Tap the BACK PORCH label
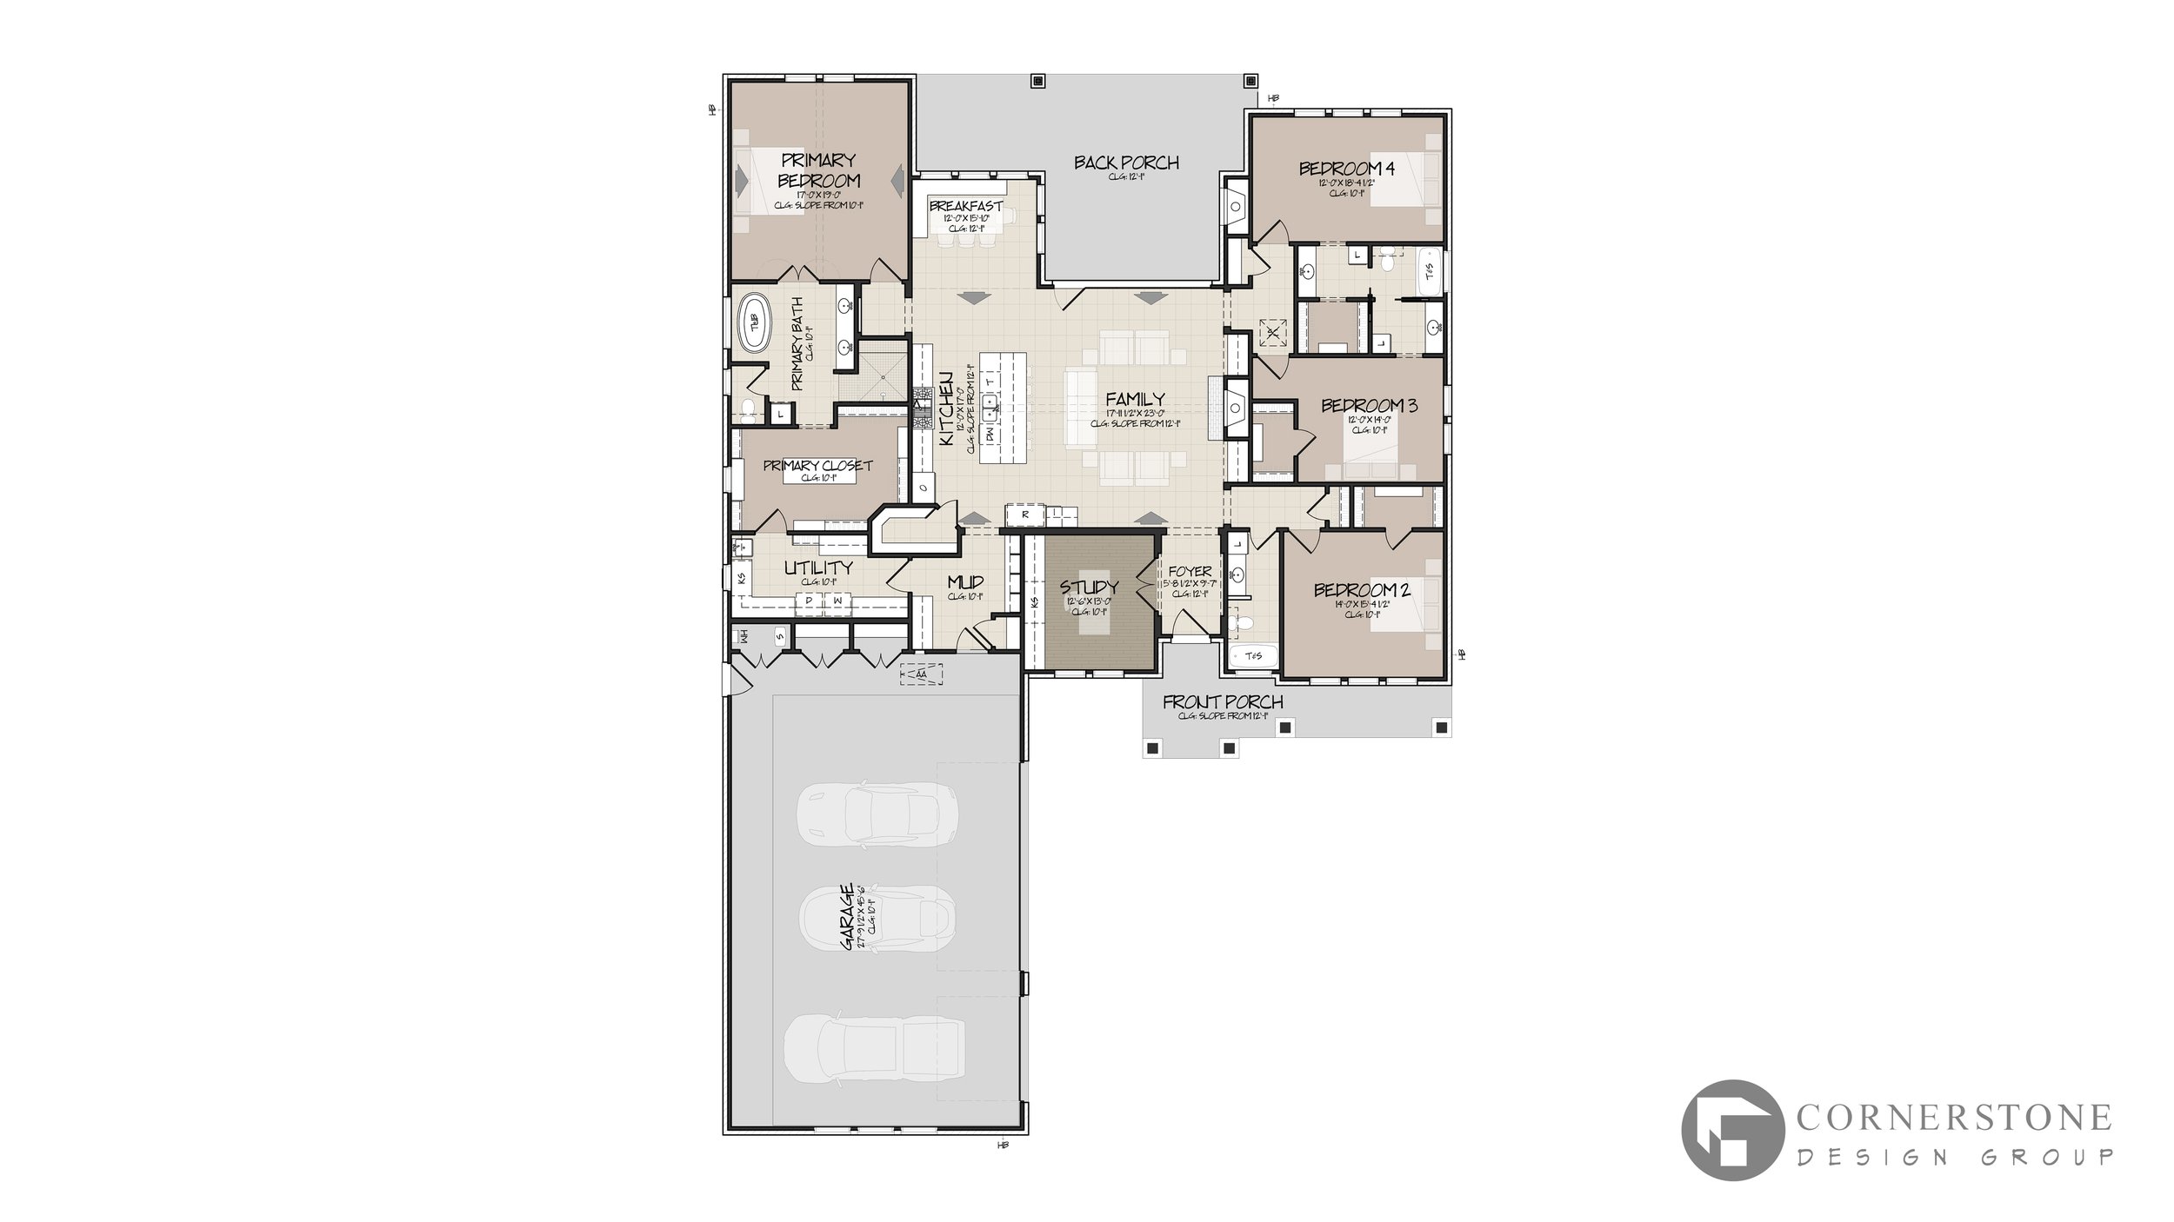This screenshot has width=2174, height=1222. tap(1126, 163)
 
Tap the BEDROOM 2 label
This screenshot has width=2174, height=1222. tap(1362, 590)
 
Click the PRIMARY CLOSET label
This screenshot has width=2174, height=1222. tap(817, 466)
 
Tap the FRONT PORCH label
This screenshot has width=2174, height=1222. tap(1223, 702)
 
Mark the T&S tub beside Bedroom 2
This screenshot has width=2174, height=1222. tap(1253, 656)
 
